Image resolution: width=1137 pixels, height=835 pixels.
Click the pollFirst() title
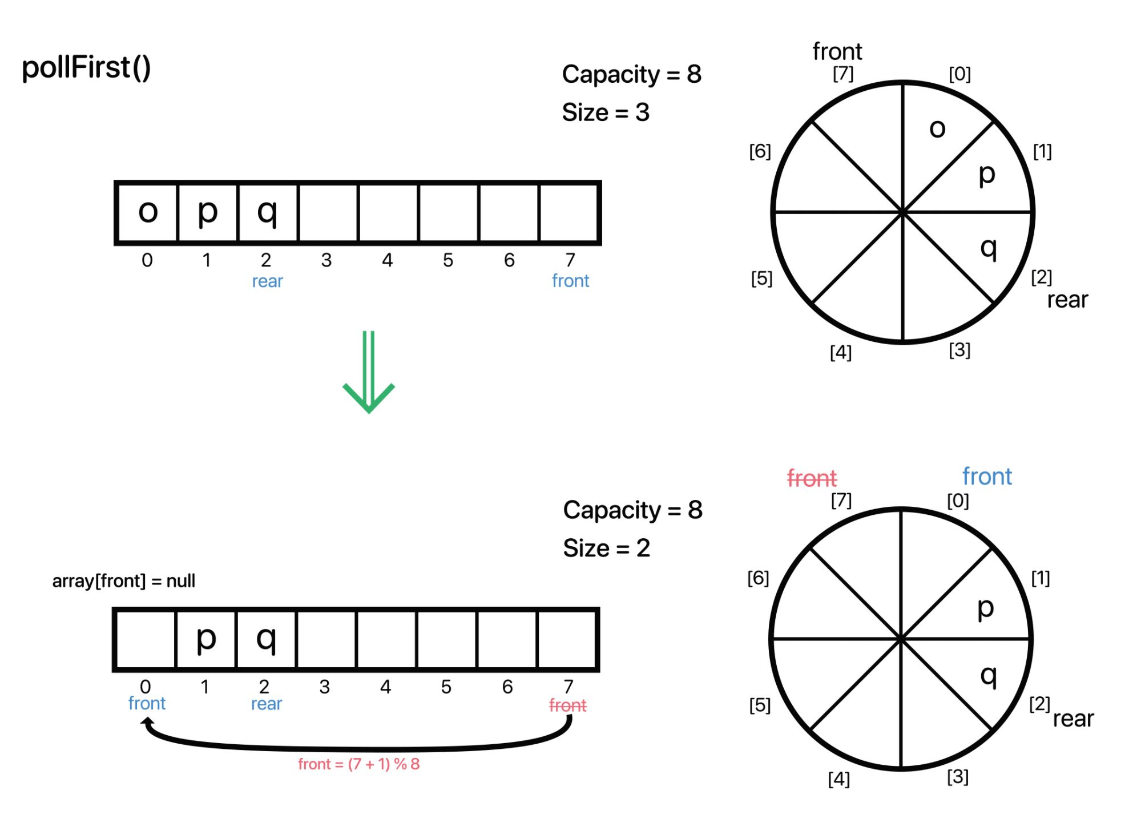pos(86,68)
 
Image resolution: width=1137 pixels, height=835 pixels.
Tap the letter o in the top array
pos(148,212)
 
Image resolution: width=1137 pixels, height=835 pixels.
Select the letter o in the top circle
pos(937,128)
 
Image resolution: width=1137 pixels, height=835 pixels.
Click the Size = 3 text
pos(606,112)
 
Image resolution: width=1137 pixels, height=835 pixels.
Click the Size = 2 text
pos(606,548)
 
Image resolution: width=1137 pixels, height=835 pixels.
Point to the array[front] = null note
pos(123,581)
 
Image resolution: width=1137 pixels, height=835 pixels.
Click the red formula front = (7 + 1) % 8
pos(358,764)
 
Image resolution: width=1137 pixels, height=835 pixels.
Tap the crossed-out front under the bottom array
pos(567,705)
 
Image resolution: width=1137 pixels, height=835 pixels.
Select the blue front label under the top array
pos(570,281)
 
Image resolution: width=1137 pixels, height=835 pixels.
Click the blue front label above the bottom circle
pos(987,477)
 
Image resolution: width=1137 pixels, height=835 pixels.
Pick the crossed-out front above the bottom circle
pos(812,478)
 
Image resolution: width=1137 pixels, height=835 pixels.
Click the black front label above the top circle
pos(837,52)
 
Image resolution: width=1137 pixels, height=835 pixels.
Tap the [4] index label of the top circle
pos(840,352)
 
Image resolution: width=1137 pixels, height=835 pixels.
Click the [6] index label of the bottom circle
pos(758,578)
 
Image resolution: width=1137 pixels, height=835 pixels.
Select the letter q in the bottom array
pos(266,639)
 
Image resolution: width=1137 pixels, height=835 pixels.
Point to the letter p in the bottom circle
pos(985,608)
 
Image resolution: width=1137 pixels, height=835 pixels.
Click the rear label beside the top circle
pos(1067,300)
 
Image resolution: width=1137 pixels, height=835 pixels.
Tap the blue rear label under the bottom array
pos(267,704)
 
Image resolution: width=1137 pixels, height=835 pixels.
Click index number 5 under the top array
pos(448,260)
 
